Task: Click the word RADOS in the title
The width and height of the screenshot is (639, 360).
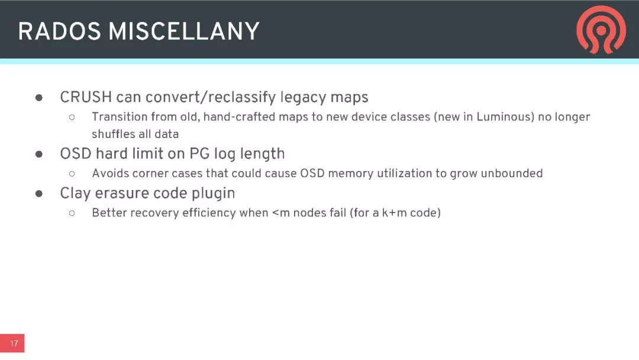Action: (60, 31)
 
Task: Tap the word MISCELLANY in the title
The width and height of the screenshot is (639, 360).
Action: (184, 31)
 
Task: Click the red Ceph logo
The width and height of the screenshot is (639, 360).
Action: (601, 30)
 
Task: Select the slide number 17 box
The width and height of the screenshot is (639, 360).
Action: (12, 343)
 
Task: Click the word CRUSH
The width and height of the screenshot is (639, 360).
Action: (86, 97)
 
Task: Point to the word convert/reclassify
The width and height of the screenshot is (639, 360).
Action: (211, 98)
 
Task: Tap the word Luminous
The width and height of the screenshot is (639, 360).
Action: (505, 117)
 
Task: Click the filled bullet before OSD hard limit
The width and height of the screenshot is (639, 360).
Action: (39, 154)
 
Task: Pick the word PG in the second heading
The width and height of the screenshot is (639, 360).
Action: (199, 154)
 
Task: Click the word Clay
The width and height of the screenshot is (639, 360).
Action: (75, 193)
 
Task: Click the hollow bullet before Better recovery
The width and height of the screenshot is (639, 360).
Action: (72, 213)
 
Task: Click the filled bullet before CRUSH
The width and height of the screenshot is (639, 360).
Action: (39, 98)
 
